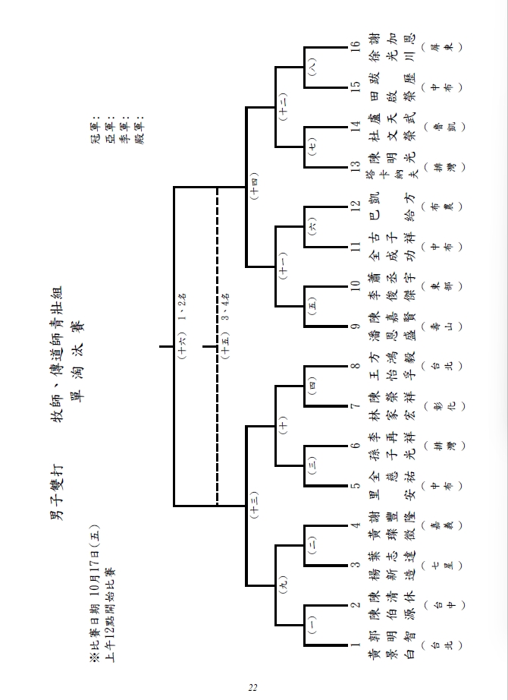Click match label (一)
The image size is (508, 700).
(313, 625)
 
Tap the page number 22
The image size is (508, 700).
(253, 688)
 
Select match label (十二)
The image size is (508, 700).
(283, 104)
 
